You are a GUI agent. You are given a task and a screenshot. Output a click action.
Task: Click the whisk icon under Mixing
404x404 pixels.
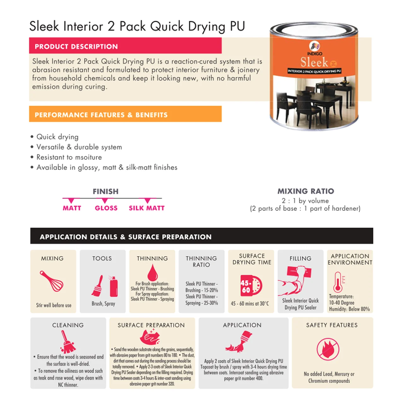(51, 281)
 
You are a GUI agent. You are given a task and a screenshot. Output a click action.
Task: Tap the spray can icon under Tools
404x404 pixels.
(114, 286)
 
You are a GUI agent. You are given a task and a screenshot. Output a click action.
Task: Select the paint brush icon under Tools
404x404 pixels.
(98, 285)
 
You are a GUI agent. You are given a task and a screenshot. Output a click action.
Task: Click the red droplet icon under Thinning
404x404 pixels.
(152, 272)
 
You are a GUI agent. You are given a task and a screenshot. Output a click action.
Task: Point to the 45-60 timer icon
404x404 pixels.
(251, 286)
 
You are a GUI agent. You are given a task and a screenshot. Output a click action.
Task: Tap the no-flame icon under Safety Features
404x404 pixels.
(328, 349)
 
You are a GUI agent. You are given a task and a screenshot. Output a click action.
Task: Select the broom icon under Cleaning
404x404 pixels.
(68, 342)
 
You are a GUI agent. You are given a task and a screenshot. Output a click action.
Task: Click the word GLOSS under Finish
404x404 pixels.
(106, 208)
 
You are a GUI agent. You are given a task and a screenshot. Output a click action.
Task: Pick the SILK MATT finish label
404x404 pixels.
(146, 208)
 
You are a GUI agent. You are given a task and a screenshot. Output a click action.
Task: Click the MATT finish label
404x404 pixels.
(72, 208)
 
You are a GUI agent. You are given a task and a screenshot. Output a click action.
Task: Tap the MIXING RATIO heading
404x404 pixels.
(306, 191)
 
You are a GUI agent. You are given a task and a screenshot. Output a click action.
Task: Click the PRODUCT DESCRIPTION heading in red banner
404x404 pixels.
(76, 46)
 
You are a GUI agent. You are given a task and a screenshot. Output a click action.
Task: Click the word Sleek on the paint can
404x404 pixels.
(314, 62)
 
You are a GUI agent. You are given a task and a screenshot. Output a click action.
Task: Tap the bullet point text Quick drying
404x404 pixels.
(57, 137)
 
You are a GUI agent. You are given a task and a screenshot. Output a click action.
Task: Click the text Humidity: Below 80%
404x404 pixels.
(349, 309)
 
